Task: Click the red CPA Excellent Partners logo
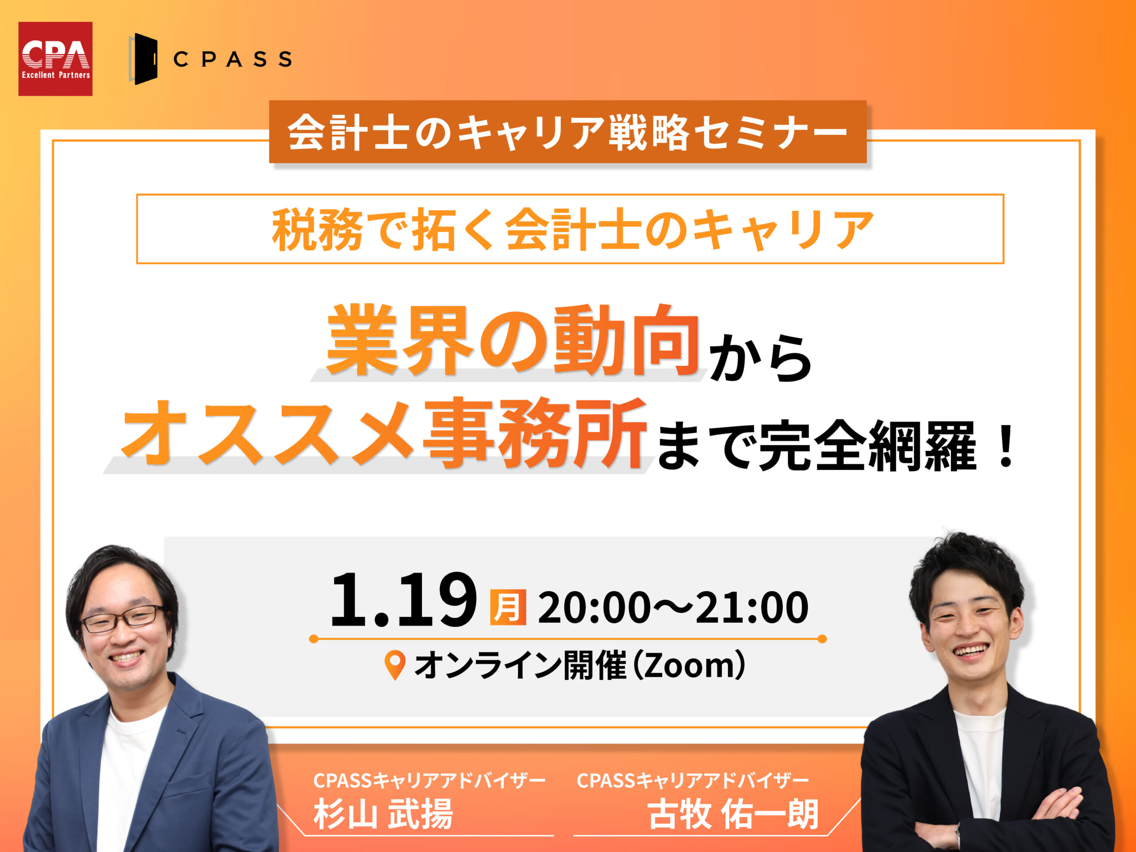[x=55, y=59]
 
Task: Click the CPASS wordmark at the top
[x=233, y=59]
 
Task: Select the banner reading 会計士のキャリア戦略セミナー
[x=568, y=131]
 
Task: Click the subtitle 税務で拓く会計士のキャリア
[x=572, y=229]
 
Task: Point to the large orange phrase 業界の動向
[x=513, y=339]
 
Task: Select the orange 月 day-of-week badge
[x=508, y=607]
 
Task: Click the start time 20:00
[x=594, y=607]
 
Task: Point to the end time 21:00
[x=752, y=607]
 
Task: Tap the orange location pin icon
[x=395, y=665]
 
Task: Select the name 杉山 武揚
[x=383, y=814]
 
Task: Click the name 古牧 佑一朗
[x=733, y=814]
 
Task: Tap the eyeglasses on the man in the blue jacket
[x=123, y=618]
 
